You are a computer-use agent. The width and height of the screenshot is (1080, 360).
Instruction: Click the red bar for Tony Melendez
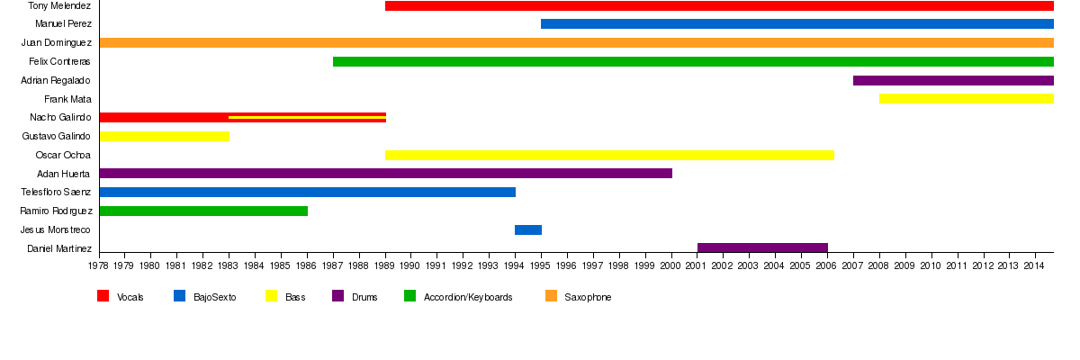coord(719,5)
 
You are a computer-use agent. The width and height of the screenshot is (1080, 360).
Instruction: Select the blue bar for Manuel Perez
coord(796,23)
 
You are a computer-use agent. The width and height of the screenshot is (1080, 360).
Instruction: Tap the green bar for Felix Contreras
coord(693,61)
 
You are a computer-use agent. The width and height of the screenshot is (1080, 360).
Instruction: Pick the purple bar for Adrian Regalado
coord(953,80)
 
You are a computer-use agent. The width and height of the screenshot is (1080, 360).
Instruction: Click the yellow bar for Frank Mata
coord(967,99)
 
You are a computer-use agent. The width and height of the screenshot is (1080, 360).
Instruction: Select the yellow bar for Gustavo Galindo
coord(165,137)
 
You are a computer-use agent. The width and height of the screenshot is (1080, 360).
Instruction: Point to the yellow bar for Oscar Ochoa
coord(609,155)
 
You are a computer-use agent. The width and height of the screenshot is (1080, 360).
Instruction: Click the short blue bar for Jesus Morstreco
coord(528,230)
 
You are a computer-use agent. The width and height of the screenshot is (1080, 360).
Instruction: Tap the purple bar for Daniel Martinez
coord(762,248)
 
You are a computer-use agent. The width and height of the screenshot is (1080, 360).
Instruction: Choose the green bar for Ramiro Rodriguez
coord(203,211)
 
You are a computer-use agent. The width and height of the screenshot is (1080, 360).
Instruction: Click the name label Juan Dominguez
coord(56,42)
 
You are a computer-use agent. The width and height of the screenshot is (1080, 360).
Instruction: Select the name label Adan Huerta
coord(64,174)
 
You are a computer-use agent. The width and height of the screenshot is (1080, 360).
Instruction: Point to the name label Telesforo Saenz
coord(56,193)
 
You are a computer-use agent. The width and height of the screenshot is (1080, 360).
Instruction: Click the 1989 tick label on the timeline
coord(385,266)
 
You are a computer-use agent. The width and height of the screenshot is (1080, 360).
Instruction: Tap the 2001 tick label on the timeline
coord(697,266)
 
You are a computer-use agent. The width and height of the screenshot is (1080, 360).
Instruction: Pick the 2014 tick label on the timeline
coord(1035,266)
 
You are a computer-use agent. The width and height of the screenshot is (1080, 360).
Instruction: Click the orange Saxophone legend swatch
coord(552,296)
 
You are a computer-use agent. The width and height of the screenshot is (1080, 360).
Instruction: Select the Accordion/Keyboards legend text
coord(468,298)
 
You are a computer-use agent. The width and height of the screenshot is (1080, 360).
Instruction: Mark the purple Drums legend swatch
coord(338,296)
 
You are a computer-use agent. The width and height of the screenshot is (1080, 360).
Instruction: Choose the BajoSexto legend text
coord(215,298)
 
